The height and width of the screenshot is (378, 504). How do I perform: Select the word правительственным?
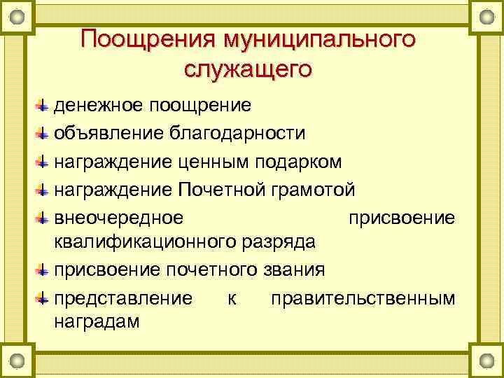363,298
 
